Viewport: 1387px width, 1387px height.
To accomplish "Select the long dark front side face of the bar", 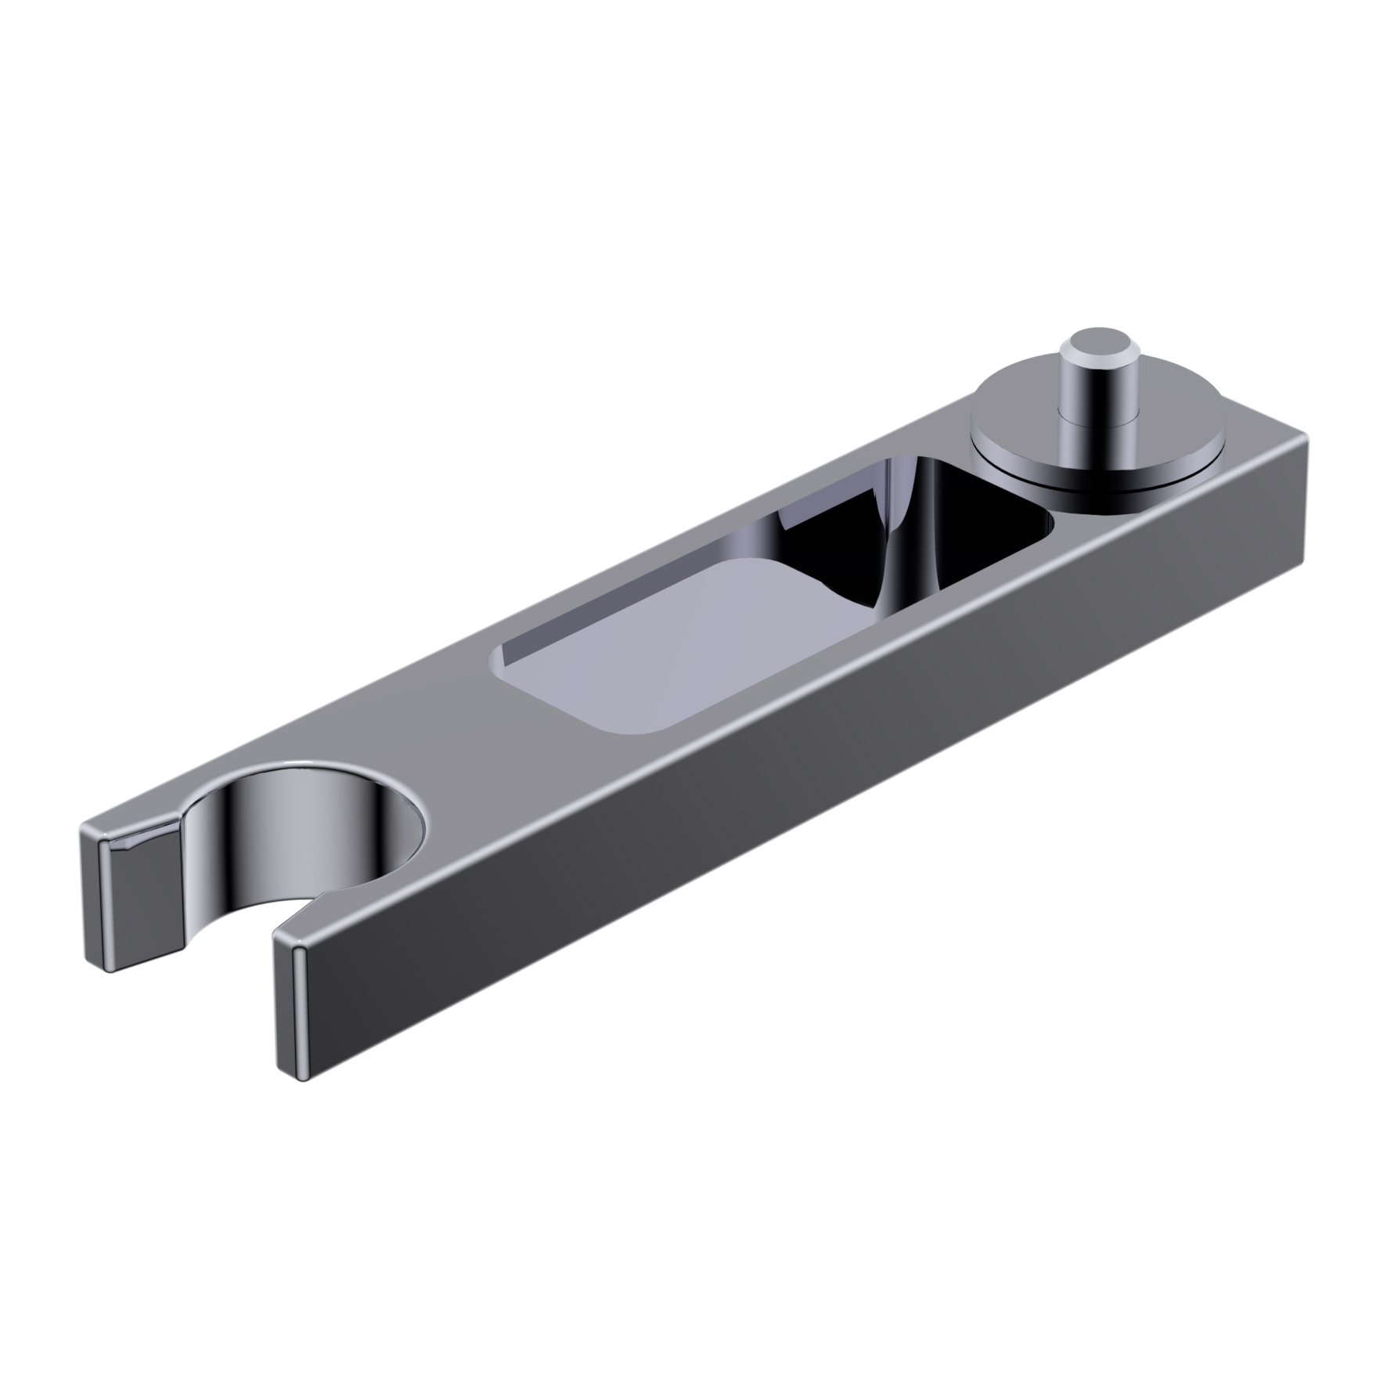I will [783, 791].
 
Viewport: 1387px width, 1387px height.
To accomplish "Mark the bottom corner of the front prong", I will [301, 1079].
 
